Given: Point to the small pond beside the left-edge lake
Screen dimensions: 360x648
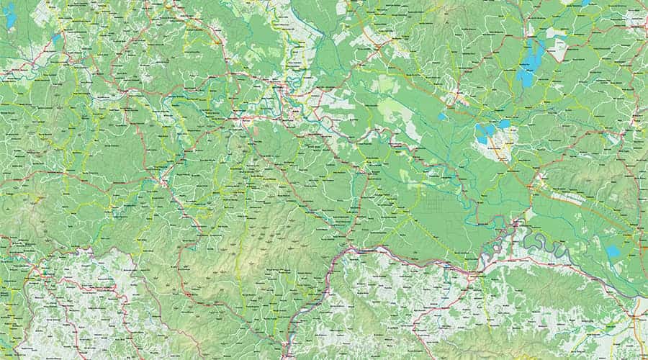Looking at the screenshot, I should click(56, 38).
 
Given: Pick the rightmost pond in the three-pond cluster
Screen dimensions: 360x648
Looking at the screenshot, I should click(504, 125).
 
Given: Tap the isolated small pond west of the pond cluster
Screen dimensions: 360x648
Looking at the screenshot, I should click(441, 116).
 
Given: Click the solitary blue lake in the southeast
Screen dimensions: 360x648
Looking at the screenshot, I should click(613, 251).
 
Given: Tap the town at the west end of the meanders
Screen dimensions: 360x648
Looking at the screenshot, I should click(517, 229).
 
